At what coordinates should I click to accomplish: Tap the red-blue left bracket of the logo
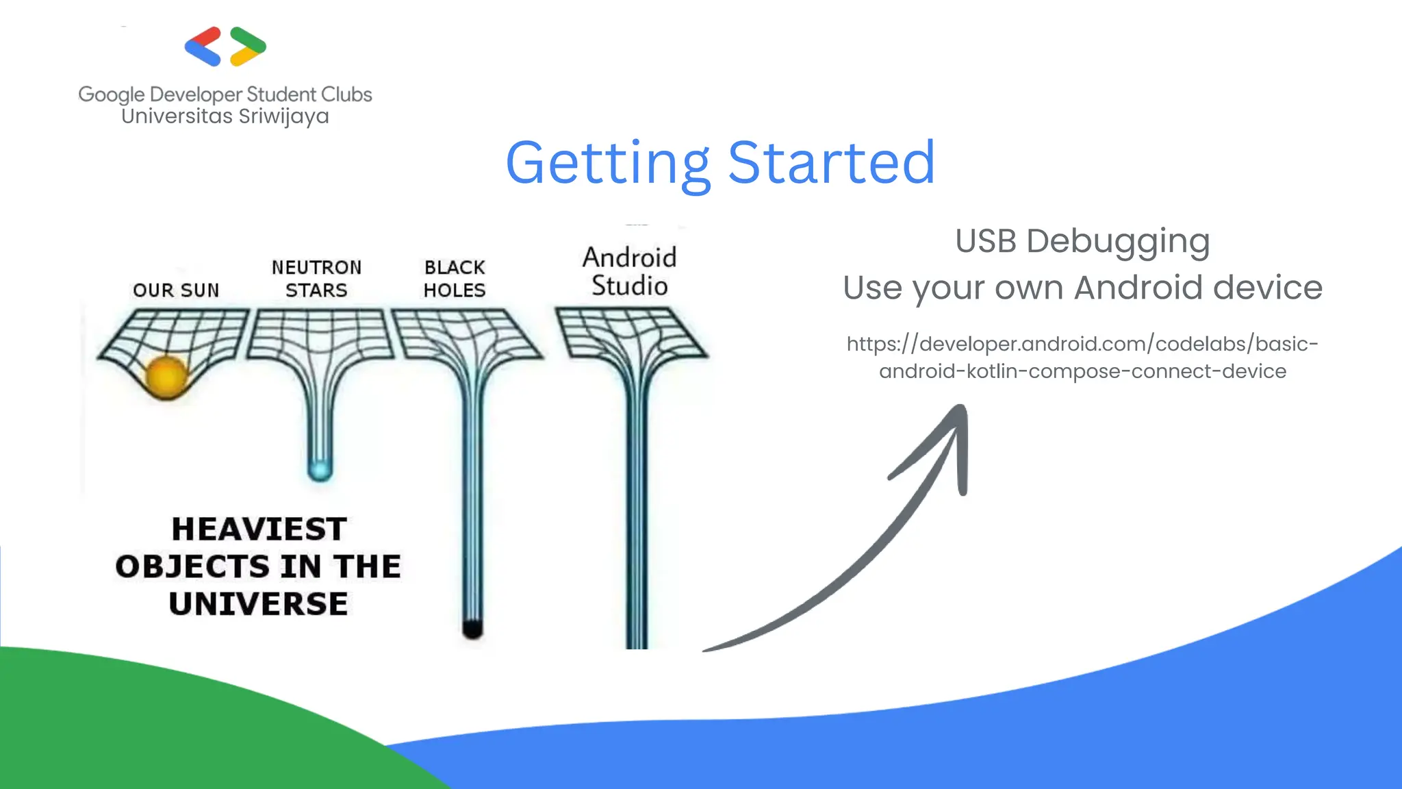[x=203, y=47]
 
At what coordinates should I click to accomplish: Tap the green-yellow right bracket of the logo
[x=248, y=47]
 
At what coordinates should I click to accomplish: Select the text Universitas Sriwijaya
[x=225, y=116]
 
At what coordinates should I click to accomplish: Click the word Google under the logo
[x=111, y=95]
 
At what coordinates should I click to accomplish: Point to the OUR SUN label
[x=176, y=290]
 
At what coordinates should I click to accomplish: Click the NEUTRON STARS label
[x=316, y=278]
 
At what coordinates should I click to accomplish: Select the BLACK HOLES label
[x=455, y=278]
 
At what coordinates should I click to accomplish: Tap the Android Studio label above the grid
[x=629, y=271]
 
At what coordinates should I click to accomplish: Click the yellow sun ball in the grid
[x=166, y=376]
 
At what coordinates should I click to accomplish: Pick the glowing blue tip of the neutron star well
[x=320, y=470]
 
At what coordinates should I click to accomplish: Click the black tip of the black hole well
[x=472, y=627]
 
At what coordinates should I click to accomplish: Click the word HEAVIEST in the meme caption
[x=259, y=529]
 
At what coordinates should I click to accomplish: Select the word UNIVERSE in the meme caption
[x=259, y=604]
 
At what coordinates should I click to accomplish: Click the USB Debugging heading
[x=1082, y=241]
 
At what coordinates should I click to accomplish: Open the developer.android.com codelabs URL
[x=1082, y=357]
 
